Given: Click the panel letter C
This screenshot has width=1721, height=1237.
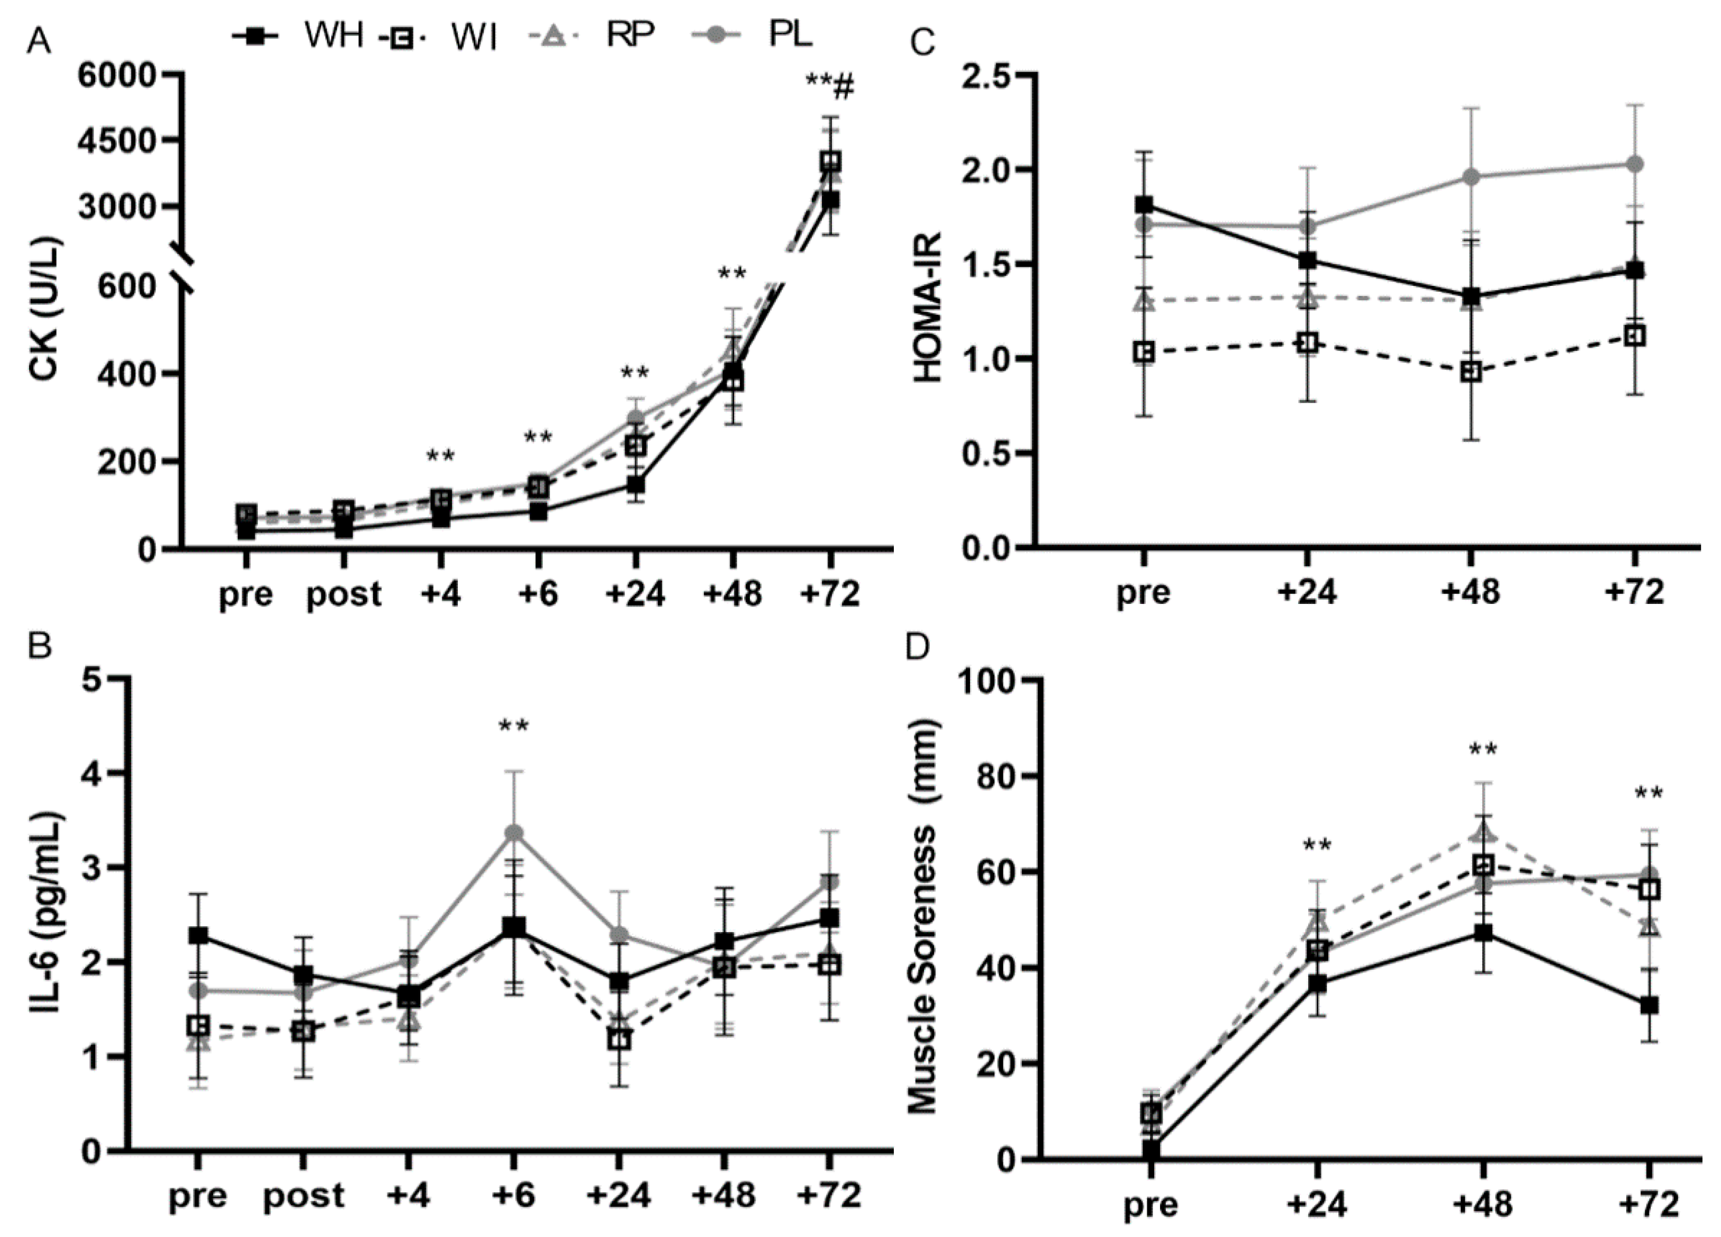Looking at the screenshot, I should (921, 43).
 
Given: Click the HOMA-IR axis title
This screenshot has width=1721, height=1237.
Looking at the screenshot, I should (927, 308).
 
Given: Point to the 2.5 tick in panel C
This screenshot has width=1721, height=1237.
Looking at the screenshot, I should (987, 75).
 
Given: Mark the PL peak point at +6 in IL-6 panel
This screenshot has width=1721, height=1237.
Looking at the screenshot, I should (514, 833).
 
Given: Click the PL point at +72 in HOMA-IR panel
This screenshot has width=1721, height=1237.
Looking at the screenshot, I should (1635, 164).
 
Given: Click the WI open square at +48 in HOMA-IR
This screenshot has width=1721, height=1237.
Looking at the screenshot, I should (1471, 372).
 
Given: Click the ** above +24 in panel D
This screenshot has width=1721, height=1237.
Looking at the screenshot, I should (1317, 845).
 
